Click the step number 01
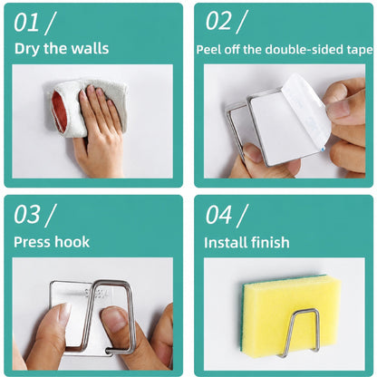coord(26,23)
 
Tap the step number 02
coord(218,21)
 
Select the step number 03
coord(27,215)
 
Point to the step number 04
coord(218,215)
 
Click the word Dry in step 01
coord(27,49)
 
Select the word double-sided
coord(304,50)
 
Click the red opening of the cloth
coord(57,111)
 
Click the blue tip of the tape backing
coord(324,149)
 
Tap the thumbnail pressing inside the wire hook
coord(114,319)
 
